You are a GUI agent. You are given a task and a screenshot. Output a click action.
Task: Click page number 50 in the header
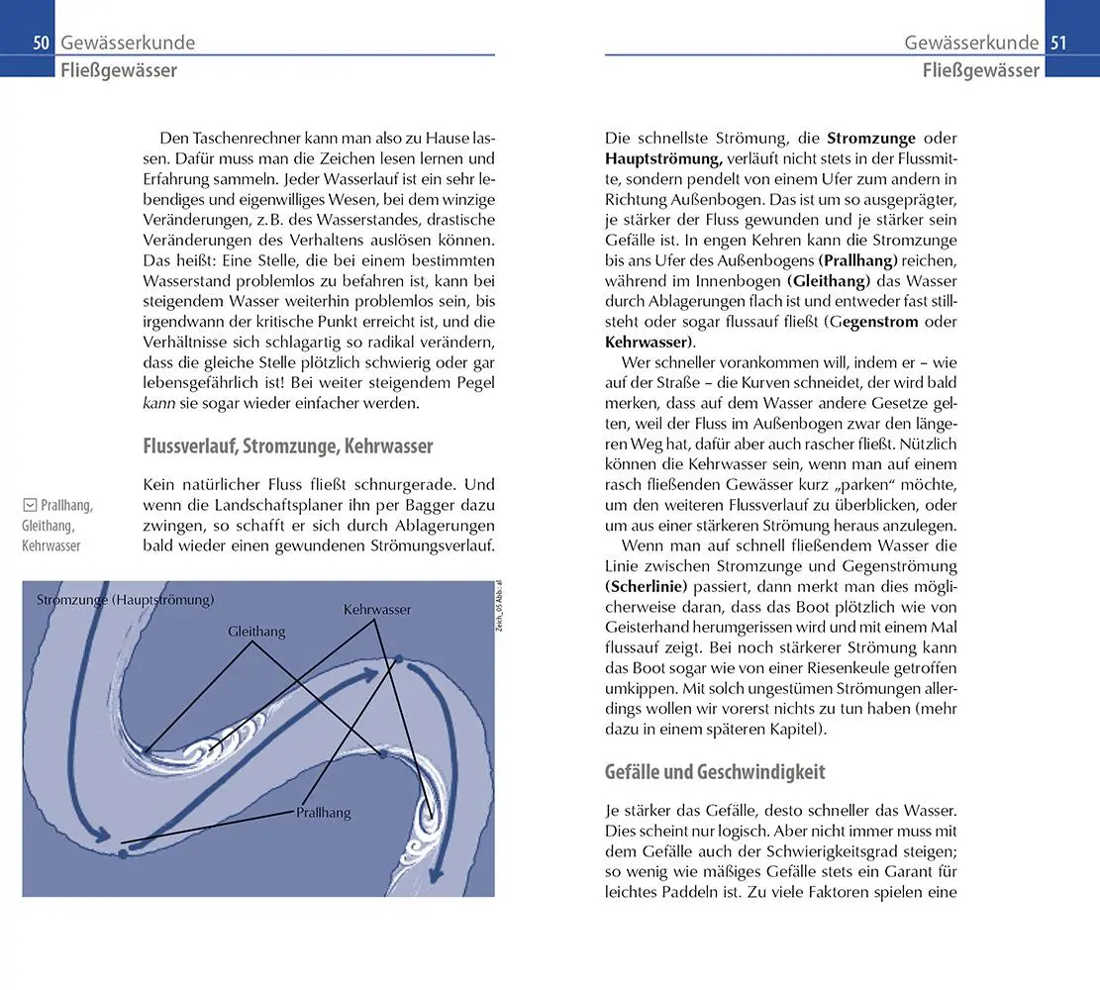click(x=41, y=43)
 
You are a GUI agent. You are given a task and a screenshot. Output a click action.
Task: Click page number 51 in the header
click(x=1058, y=43)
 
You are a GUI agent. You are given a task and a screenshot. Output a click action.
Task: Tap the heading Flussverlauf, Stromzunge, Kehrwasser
click(x=288, y=446)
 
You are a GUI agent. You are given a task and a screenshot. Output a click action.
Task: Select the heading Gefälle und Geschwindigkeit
click(x=715, y=771)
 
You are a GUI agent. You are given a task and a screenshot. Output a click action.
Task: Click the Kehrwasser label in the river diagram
click(x=377, y=610)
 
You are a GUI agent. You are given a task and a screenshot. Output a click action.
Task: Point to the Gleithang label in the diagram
click(x=256, y=631)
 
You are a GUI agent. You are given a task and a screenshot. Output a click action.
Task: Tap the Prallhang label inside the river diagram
click(x=324, y=813)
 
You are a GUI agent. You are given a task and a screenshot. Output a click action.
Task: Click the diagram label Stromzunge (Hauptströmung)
click(x=125, y=600)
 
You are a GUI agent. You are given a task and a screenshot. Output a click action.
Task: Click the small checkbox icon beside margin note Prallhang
click(x=29, y=506)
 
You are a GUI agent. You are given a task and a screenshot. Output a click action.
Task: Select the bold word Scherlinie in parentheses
click(x=649, y=586)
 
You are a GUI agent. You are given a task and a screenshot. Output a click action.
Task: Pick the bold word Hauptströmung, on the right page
click(x=664, y=158)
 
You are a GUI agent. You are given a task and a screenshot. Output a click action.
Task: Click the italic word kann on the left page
click(x=159, y=404)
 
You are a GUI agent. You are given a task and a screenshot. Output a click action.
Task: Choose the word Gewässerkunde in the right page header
click(x=971, y=43)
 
